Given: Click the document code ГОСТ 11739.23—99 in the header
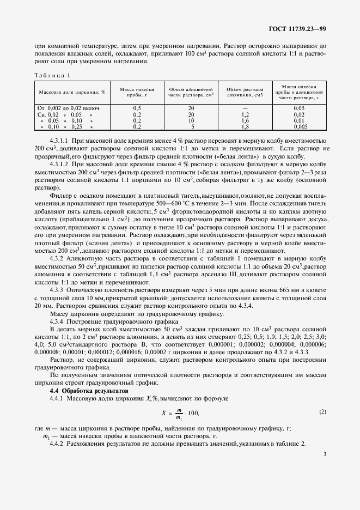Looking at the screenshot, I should pyautogui.click(x=298, y=29).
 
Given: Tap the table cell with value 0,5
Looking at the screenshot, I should pyautogui.click(x=137, y=108).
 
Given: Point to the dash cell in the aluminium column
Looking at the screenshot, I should pyautogui.click(x=245, y=108).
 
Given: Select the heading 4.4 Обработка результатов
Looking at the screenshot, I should pyautogui.click(x=88, y=391).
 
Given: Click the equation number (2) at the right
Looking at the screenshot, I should pyautogui.click(x=322, y=411).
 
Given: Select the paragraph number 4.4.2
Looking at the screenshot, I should pyautogui.click(x=57, y=443).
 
